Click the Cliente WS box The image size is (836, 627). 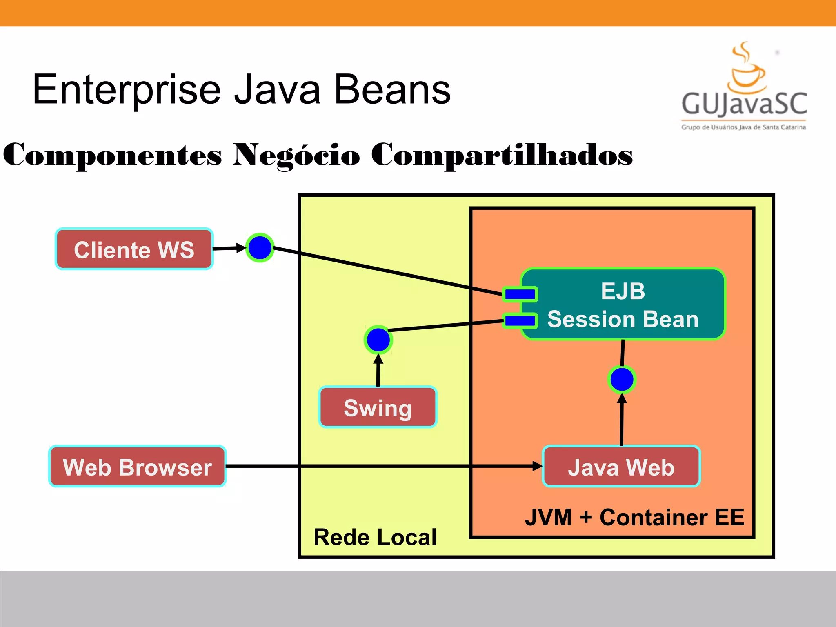click(134, 249)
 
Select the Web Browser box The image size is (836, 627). click(137, 467)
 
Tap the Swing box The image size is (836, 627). click(378, 407)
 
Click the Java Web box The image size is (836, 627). click(621, 467)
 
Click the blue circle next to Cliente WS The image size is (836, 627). click(260, 248)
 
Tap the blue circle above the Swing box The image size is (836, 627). click(378, 340)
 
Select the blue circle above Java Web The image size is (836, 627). click(621, 379)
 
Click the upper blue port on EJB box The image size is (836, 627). click(520, 294)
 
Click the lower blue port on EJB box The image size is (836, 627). click(520, 320)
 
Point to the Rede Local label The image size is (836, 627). click(375, 537)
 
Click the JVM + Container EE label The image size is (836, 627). click(634, 517)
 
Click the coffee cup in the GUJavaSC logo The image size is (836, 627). click(747, 73)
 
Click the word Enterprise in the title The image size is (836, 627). click(127, 90)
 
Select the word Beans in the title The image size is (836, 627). click(392, 90)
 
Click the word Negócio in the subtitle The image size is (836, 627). click(296, 155)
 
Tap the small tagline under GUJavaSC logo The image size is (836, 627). click(743, 127)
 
